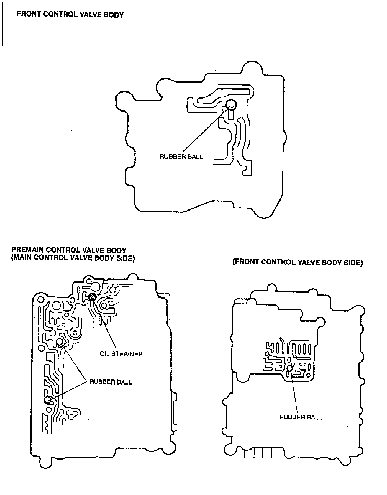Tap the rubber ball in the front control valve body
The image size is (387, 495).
[x=231, y=104]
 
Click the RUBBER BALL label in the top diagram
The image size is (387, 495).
[x=181, y=157]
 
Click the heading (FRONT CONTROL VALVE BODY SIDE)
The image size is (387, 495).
[x=297, y=263]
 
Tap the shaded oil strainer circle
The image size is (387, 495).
[x=92, y=297]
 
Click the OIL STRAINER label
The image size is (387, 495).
[x=121, y=354]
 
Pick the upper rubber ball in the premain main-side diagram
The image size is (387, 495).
[x=60, y=342]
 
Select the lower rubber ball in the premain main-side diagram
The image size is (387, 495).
[x=47, y=400]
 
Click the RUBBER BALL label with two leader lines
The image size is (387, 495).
[x=111, y=382]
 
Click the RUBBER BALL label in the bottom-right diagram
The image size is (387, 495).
[x=300, y=417]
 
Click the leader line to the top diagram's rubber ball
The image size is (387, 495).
[x=204, y=130]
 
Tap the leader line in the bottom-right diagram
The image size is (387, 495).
[x=294, y=392]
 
